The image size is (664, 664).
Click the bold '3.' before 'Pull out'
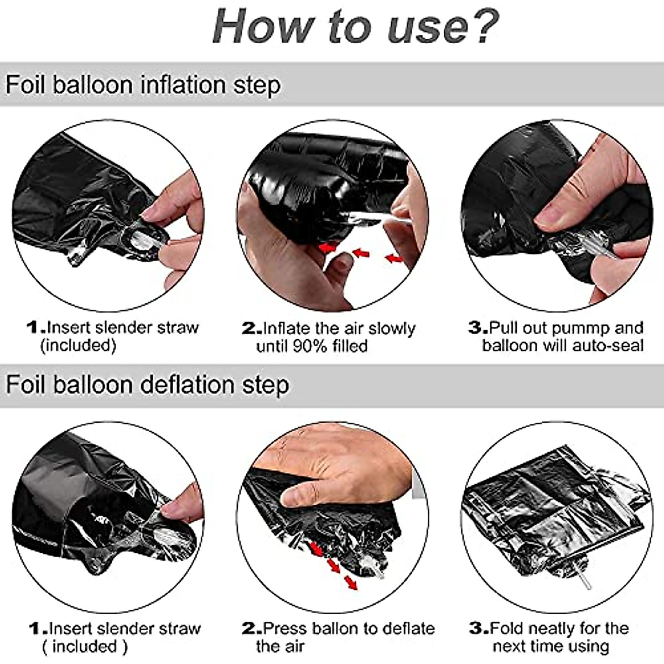tap(478, 328)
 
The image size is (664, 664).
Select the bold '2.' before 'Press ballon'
tap(252, 629)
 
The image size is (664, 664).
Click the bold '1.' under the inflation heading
tap(37, 328)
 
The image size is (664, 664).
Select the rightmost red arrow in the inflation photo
tap(393, 258)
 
